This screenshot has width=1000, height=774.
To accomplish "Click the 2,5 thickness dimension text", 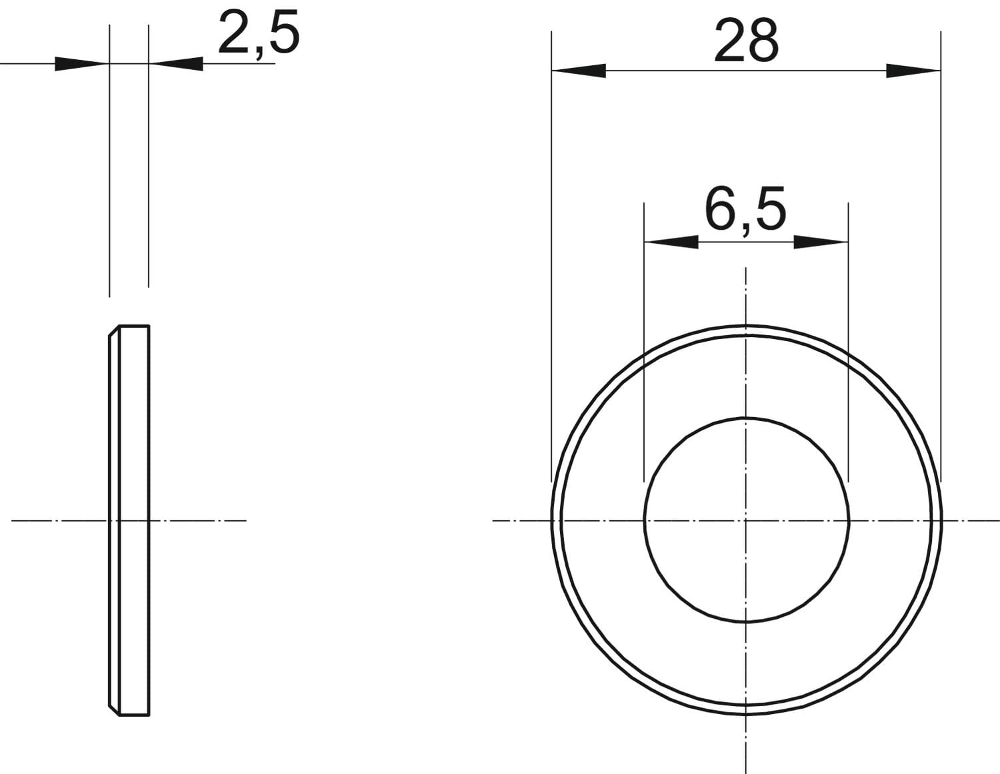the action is click(x=259, y=33).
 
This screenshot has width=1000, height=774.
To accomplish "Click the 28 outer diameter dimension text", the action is click(x=747, y=41).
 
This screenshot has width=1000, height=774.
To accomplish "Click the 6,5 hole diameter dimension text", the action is click(x=745, y=209).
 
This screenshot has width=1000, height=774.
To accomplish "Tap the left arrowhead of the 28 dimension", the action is click(x=579, y=71).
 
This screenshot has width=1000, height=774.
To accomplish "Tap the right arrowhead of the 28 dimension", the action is click(x=913, y=71).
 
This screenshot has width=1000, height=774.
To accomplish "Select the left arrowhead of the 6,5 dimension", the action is click(x=671, y=242).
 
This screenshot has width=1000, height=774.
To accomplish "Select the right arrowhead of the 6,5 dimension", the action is click(x=821, y=242).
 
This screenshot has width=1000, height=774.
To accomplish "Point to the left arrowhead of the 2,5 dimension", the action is click(x=82, y=64).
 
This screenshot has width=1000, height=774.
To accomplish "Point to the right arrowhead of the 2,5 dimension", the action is click(x=176, y=64).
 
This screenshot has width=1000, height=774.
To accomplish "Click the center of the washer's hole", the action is click(x=746, y=521).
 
